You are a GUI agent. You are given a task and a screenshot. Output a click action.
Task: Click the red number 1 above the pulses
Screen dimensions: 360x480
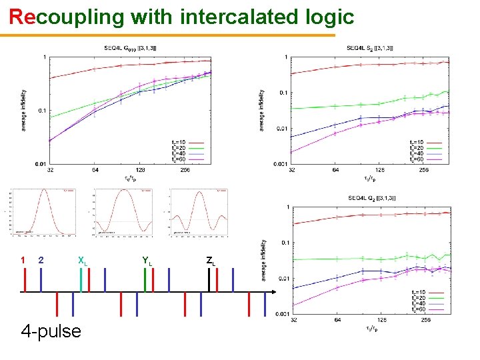click(23, 259)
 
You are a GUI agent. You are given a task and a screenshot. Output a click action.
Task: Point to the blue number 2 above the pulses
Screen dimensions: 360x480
click(41, 259)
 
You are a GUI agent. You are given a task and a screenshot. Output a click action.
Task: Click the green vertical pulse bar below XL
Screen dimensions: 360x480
click(81, 280)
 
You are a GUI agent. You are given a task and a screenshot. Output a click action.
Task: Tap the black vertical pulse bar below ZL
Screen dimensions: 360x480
click(209, 280)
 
